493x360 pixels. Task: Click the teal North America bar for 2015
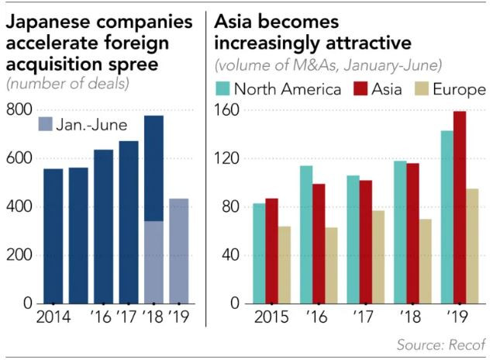(x=259, y=253)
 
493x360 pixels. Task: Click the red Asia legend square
(x=360, y=89)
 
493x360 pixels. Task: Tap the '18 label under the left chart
(x=154, y=317)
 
